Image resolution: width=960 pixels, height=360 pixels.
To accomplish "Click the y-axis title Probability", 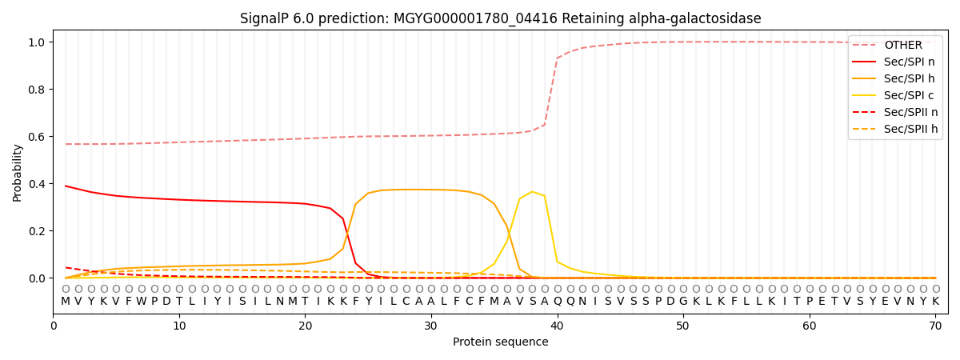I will pos(18,172).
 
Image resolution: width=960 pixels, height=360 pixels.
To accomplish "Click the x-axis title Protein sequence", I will pos(500,342).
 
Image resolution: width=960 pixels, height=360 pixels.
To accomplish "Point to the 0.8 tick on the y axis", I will pos(38,90).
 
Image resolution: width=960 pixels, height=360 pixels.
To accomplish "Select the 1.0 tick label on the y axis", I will pos(38,42).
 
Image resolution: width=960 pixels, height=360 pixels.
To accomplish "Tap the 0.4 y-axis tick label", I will pos(38,184).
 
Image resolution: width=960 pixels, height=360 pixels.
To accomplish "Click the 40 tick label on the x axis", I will pos(557,326).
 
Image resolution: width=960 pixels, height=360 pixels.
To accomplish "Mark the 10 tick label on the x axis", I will pos(178,326).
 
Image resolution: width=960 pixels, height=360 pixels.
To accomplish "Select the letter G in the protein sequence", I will pos(683,302).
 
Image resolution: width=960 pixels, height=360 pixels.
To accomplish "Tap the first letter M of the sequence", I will pos(66,302).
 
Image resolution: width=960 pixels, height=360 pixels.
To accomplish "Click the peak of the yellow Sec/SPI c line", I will pos(532,191).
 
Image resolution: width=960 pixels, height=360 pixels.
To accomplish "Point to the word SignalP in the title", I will pos(266,18).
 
